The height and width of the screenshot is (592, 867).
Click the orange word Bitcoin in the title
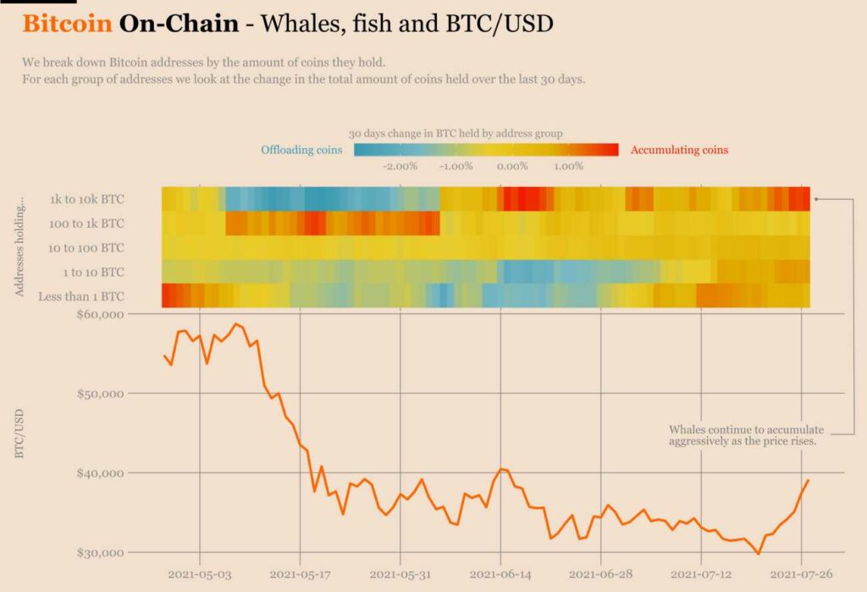tap(67, 23)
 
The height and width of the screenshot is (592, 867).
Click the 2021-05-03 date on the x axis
tap(200, 573)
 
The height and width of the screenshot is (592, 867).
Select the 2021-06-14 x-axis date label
tap(500, 573)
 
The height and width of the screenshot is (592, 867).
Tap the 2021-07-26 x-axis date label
tap(801, 573)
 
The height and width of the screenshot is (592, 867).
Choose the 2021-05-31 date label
tap(400, 573)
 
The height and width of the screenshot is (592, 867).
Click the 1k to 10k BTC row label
tap(88, 200)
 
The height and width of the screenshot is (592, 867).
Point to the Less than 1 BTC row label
tap(81, 296)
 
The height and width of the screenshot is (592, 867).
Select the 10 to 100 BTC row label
tap(87, 247)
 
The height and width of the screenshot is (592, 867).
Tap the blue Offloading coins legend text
tap(301, 150)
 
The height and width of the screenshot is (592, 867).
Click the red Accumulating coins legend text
tap(679, 150)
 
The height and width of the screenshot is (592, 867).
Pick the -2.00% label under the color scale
tap(400, 166)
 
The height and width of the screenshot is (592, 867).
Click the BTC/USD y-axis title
tap(19, 434)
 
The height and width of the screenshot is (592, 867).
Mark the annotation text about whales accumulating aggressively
tap(745, 435)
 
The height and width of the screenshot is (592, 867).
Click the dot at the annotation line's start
tap(816, 200)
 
